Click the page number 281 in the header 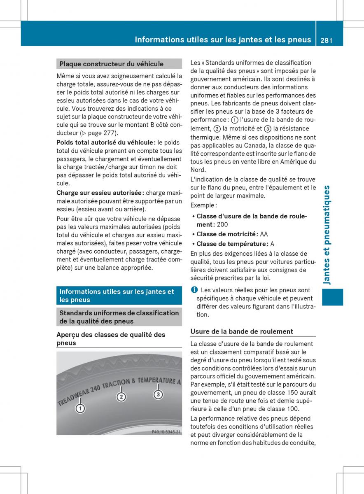pos(325,40)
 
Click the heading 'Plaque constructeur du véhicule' pos(111,64)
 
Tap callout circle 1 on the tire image pos(80,408)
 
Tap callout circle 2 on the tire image pos(121,397)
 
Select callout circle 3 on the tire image pos(158,394)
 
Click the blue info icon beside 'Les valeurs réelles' pos(194,290)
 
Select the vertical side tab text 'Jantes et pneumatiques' pos(327,235)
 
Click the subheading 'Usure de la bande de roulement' pos(242,331)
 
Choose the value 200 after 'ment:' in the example pos(222,224)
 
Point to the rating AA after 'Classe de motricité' pos(264,234)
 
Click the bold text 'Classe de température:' pos(232,244)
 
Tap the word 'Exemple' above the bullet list pos(203,205)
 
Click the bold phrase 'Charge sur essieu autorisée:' pos(100,193)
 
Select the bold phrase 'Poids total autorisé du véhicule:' pos(106,142)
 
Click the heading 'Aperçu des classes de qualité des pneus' pos(111,338)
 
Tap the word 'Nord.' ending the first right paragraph pos(198,170)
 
